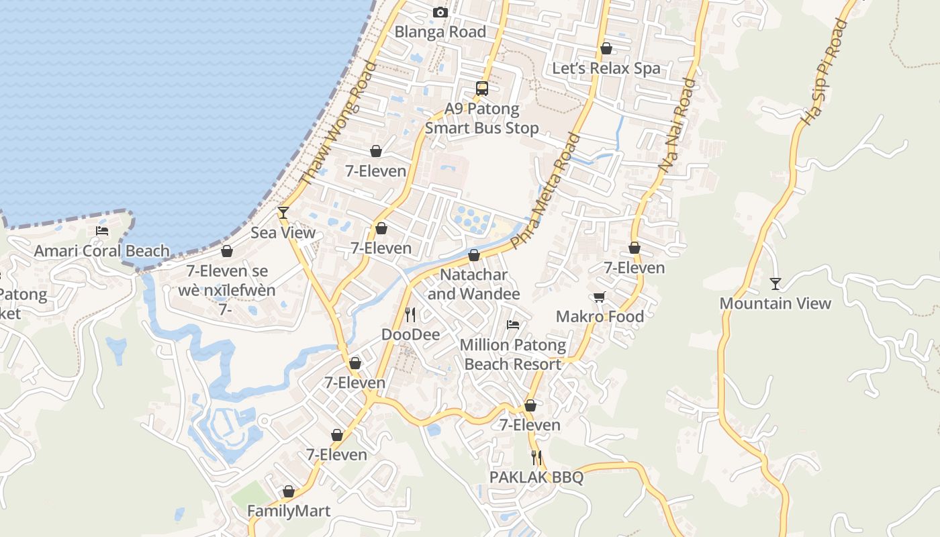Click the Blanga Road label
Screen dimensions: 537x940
[x=440, y=32]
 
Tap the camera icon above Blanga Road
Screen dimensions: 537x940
[x=440, y=12]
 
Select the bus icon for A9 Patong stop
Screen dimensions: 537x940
[x=482, y=88]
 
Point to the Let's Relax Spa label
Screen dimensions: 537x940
[x=606, y=68]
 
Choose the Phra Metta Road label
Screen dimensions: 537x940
[x=545, y=191]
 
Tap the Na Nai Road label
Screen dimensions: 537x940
[x=677, y=126]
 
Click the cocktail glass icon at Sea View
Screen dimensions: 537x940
[x=283, y=213]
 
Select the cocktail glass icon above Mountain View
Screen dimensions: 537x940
[x=775, y=284]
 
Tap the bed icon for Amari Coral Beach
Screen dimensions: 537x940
[x=102, y=231]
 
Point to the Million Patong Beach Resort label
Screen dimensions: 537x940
[x=513, y=355]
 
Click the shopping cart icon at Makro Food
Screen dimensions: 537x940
[x=599, y=297]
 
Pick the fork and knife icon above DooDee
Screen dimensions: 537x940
[x=410, y=314]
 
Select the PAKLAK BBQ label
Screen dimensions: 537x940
[x=536, y=477]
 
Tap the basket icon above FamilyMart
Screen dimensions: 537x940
[x=289, y=492]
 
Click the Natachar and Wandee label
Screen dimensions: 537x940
[x=473, y=285]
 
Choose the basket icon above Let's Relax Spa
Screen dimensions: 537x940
[x=606, y=48]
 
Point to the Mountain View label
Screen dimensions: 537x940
[x=775, y=303]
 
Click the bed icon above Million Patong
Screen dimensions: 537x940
[x=513, y=325]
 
